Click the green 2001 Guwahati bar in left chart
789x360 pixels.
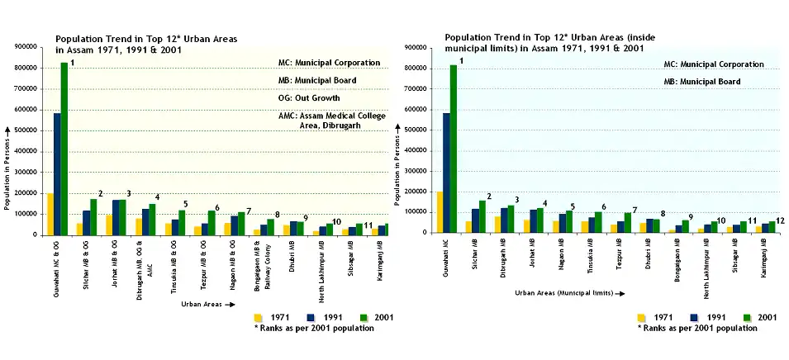(64, 149)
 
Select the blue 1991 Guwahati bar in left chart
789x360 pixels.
(57, 173)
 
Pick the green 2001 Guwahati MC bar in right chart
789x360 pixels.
(454, 149)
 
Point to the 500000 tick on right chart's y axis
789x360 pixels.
(416, 130)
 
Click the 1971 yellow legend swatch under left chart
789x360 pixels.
(259, 317)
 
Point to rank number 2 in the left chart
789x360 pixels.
(100, 193)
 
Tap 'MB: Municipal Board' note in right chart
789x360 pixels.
(701, 81)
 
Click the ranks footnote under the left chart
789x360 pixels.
(314, 328)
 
